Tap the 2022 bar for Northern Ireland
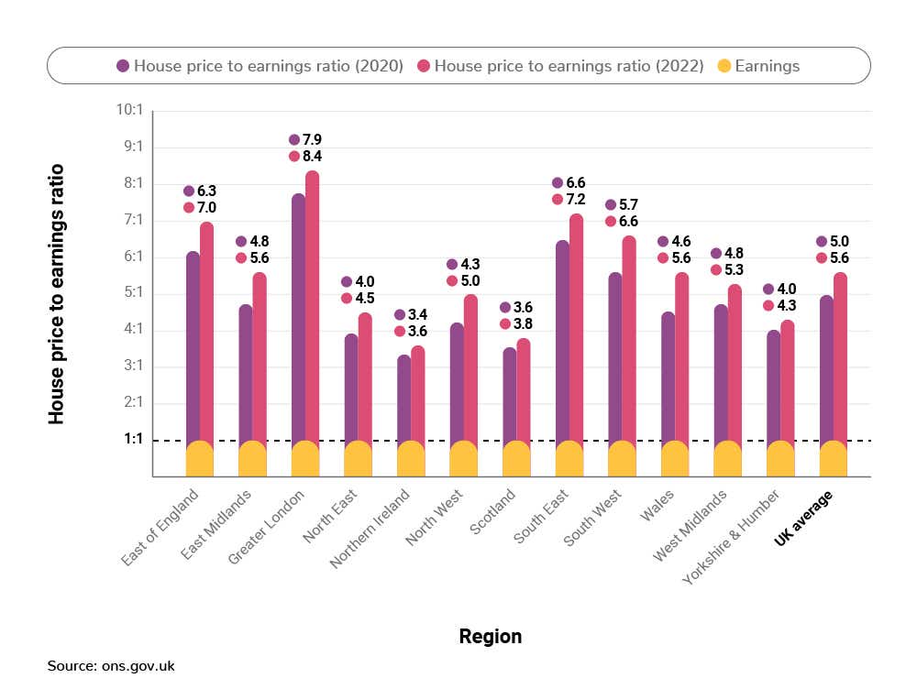pyautogui.click(x=418, y=394)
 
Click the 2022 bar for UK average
pyautogui.click(x=840, y=357)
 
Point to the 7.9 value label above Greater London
pyautogui.click(x=312, y=139)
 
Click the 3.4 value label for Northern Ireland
pyautogui.click(x=417, y=314)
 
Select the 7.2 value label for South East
pyautogui.click(x=576, y=200)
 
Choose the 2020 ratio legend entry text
pyautogui.click(x=269, y=66)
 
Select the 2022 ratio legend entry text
pyautogui.click(x=569, y=66)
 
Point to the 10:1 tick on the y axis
pyautogui.click(x=127, y=110)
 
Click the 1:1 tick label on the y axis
pyautogui.click(x=133, y=440)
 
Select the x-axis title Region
pyautogui.click(x=491, y=637)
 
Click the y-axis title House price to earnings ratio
pyautogui.click(x=57, y=293)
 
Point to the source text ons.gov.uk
pyautogui.click(x=111, y=666)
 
